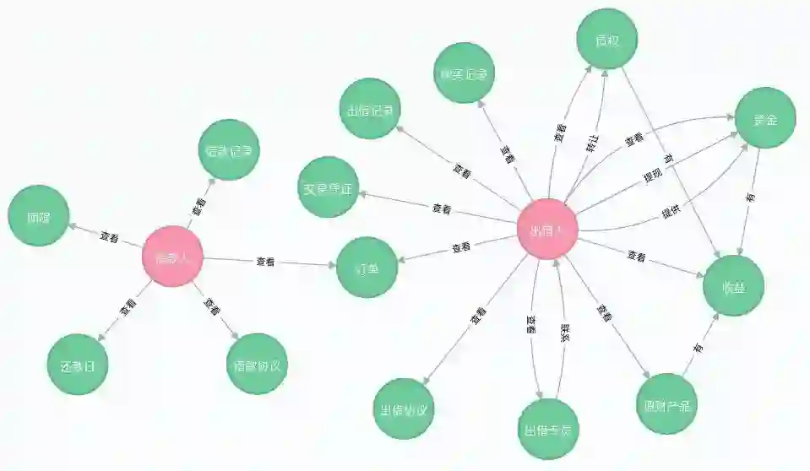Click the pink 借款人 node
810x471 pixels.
click(x=173, y=257)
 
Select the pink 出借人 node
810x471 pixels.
click(x=547, y=229)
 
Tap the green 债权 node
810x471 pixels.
click(x=606, y=39)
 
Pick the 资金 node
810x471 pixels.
click(x=765, y=117)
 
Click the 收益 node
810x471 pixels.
click(x=733, y=285)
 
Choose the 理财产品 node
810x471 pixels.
click(x=667, y=403)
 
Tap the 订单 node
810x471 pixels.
click(x=367, y=268)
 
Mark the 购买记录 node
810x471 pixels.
click(x=464, y=73)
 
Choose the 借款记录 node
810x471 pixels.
click(x=228, y=150)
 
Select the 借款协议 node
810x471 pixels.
click(x=258, y=364)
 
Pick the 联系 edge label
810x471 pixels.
click(x=565, y=332)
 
